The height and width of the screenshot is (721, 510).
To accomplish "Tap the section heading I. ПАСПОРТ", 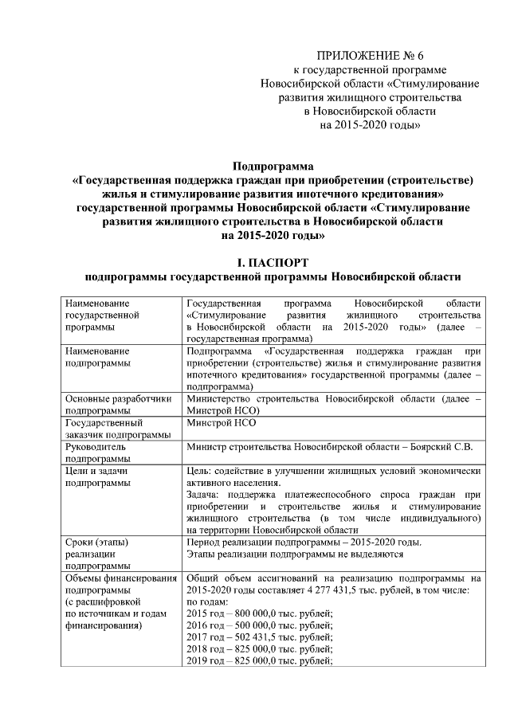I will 273,262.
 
